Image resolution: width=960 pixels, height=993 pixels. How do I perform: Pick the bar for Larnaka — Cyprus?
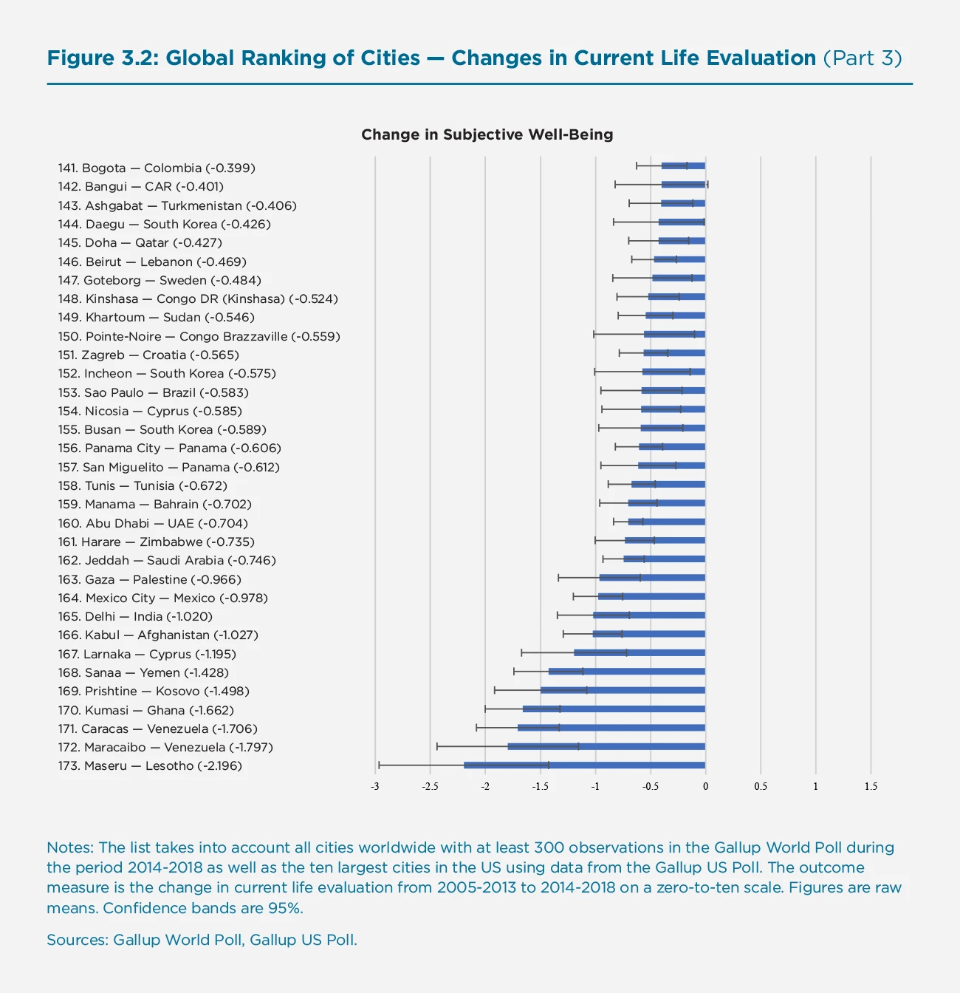click(x=639, y=653)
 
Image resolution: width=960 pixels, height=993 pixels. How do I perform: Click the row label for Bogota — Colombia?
click(x=157, y=168)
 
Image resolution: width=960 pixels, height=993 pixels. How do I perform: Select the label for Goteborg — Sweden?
click(x=160, y=281)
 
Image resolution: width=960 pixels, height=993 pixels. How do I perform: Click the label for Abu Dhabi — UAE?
click(x=153, y=523)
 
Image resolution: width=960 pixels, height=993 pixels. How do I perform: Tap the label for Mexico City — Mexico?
click(x=162, y=598)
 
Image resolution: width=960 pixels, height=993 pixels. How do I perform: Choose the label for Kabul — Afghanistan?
click(x=158, y=635)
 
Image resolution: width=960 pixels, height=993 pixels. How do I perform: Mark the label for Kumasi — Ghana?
click(x=145, y=710)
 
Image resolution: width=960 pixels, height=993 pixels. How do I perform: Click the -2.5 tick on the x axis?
click(x=430, y=786)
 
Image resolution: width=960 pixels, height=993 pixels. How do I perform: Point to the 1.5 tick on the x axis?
click(x=871, y=786)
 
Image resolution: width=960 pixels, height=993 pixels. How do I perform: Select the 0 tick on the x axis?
click(x=705, y=786)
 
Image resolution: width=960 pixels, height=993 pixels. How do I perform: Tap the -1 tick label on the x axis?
click(x=594, y=786)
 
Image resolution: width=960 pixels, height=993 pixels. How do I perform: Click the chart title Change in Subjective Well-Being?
click(x=487, y=134)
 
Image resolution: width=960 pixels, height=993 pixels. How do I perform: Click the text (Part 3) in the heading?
click(x=862, y=58)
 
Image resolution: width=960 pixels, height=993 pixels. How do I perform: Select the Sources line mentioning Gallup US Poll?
click(x=202, y=940)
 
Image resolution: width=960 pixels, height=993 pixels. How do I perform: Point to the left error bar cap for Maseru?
click(x=379, y=765)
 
